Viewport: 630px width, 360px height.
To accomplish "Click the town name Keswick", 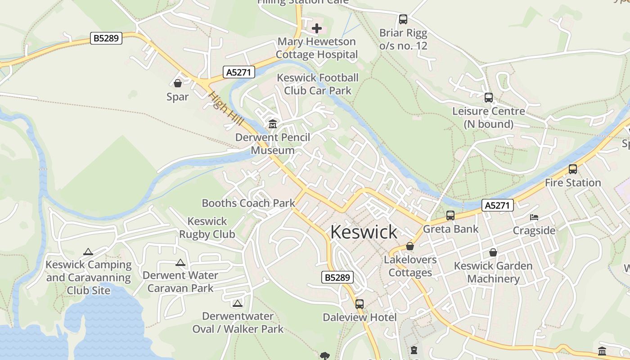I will pos(364,232).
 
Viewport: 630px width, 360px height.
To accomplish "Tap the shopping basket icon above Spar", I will pos(178,83).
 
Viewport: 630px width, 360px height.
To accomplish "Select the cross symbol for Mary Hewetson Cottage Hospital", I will pos(317,29).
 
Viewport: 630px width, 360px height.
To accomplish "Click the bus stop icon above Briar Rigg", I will pos(403,19).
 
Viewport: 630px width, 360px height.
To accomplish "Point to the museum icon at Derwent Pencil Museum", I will pos(273,124).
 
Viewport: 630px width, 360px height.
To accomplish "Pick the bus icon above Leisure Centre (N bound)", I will pos(489,98).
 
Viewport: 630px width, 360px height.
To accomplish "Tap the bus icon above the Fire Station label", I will pos(573,169).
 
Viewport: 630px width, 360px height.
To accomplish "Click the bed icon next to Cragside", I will pos(534,217).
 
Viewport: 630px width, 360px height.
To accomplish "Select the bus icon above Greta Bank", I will pos(450,216).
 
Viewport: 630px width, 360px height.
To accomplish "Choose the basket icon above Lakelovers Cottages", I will pos(410,247).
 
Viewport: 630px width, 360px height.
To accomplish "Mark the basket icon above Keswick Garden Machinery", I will pos(493,252).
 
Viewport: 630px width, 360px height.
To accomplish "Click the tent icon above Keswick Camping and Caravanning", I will pos(88,252).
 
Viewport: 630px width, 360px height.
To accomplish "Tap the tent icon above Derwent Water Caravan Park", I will pos(180,262).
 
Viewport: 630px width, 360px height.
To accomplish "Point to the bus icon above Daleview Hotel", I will pos(360,304).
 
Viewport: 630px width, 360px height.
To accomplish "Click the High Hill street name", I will pos(226,108).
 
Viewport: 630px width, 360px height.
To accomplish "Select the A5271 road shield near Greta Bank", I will pos(497,206).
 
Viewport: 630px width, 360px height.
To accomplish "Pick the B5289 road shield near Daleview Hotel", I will pos(337,277).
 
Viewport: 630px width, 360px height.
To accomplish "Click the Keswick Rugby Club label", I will pos(207,228).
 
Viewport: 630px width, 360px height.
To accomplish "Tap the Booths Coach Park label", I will pos(248,203).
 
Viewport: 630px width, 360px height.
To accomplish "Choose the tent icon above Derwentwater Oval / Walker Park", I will pos(238,303).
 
